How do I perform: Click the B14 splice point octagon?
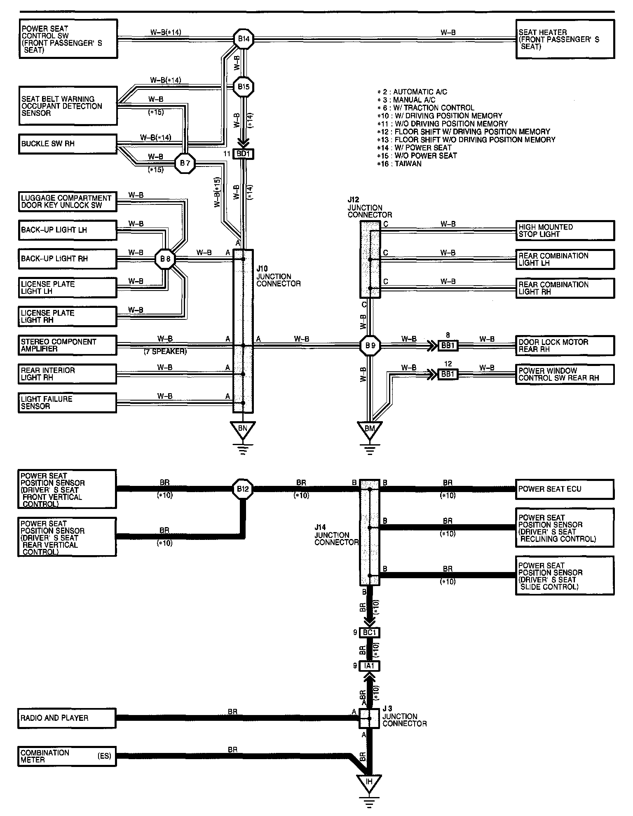244,40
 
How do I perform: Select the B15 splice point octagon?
244,87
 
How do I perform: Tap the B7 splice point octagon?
185,164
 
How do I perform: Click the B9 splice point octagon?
370,345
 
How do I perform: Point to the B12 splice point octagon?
243,489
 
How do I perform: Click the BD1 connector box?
244,154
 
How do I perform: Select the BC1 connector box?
370,633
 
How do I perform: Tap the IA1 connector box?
370,665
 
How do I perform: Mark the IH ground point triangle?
369,782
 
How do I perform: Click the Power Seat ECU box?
565,490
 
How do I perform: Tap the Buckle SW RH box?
68,144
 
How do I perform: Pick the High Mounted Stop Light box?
565,231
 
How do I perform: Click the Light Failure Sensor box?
68,403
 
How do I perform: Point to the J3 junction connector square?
370,719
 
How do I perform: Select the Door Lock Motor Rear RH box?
565,345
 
